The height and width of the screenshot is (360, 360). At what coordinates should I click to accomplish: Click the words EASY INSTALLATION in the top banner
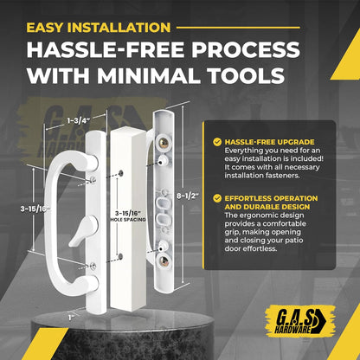coord(98,28)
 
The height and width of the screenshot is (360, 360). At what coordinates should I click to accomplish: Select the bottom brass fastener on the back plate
coord(162,258)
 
